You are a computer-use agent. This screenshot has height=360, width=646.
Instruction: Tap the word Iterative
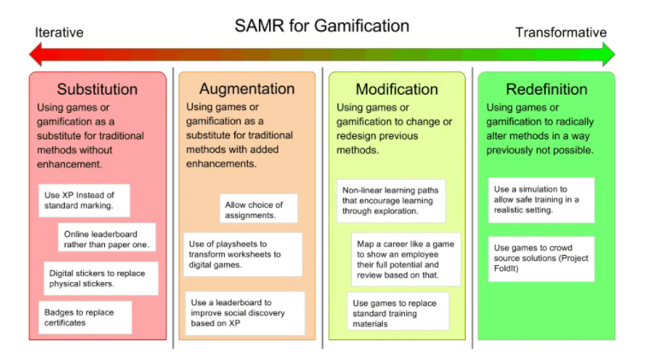[x=59, y=32]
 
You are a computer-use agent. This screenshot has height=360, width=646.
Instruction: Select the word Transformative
[x=561, y=32]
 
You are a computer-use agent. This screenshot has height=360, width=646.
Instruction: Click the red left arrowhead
[x=36, y=55]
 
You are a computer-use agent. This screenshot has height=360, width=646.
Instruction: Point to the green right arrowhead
[x=608, y=55]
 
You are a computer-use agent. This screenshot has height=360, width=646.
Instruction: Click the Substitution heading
[x=97, y=89]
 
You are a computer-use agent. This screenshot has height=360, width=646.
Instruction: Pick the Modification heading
[x=396, y=89]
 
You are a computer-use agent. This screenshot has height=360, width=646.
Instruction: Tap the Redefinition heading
[x=546, y=89]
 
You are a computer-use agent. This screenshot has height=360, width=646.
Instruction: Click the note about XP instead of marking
[x=84, y=201]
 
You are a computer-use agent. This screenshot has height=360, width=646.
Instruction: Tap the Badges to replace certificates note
[x=85, y=316]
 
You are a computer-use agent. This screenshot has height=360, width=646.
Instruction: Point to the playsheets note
[x=243, y=254]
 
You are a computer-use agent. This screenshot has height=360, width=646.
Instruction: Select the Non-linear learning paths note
[x=390, y=200]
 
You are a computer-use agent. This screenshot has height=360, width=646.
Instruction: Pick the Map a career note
[x=407, y=259]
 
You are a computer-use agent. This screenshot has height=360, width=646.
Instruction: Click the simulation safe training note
[x=542, y=199]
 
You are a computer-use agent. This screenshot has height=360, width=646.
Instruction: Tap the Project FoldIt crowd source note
[x=543, y=254]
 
